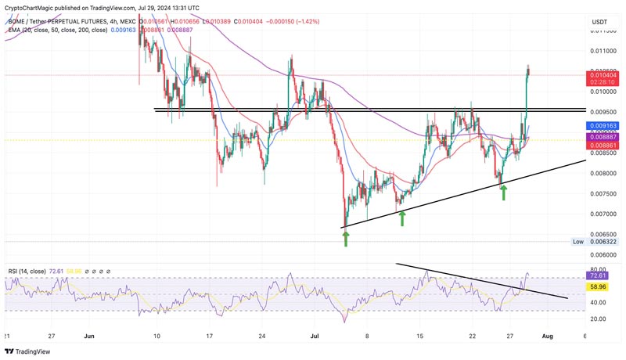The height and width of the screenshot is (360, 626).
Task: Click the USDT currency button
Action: point(600,22)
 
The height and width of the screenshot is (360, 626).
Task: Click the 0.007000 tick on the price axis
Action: point(602,214)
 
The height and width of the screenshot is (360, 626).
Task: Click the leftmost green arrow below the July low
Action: point(346,237)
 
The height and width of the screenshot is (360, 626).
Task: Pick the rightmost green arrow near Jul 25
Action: point(503,191)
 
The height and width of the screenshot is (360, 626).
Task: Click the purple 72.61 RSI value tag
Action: point(601,276)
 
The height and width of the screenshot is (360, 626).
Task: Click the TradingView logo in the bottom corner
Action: point(30,351)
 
